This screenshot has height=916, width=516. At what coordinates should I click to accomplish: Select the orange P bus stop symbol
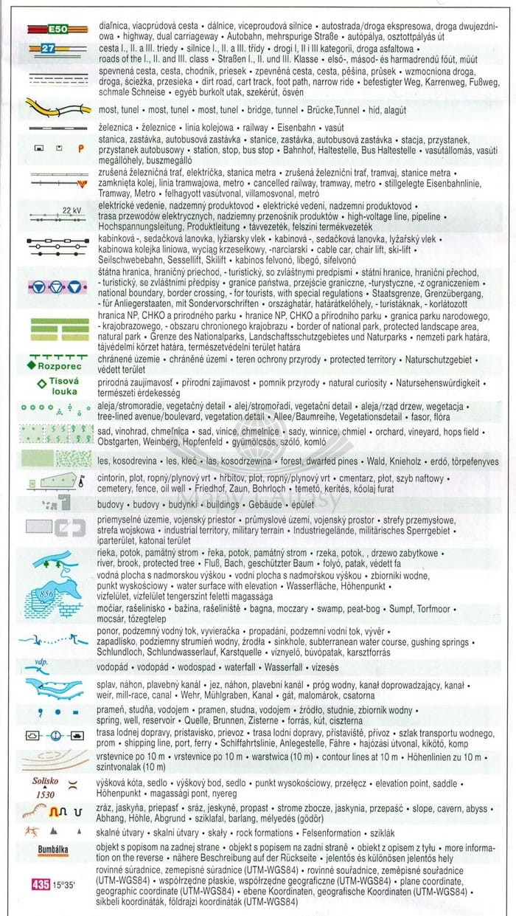pos(80,148)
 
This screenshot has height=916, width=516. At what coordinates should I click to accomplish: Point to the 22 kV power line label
pos(72,210)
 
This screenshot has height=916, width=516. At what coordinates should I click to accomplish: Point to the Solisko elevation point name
pos(46,781)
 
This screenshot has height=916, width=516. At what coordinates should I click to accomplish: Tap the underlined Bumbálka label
pos(54,850)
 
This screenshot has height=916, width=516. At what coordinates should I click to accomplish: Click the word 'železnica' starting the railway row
pos(118,128)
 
